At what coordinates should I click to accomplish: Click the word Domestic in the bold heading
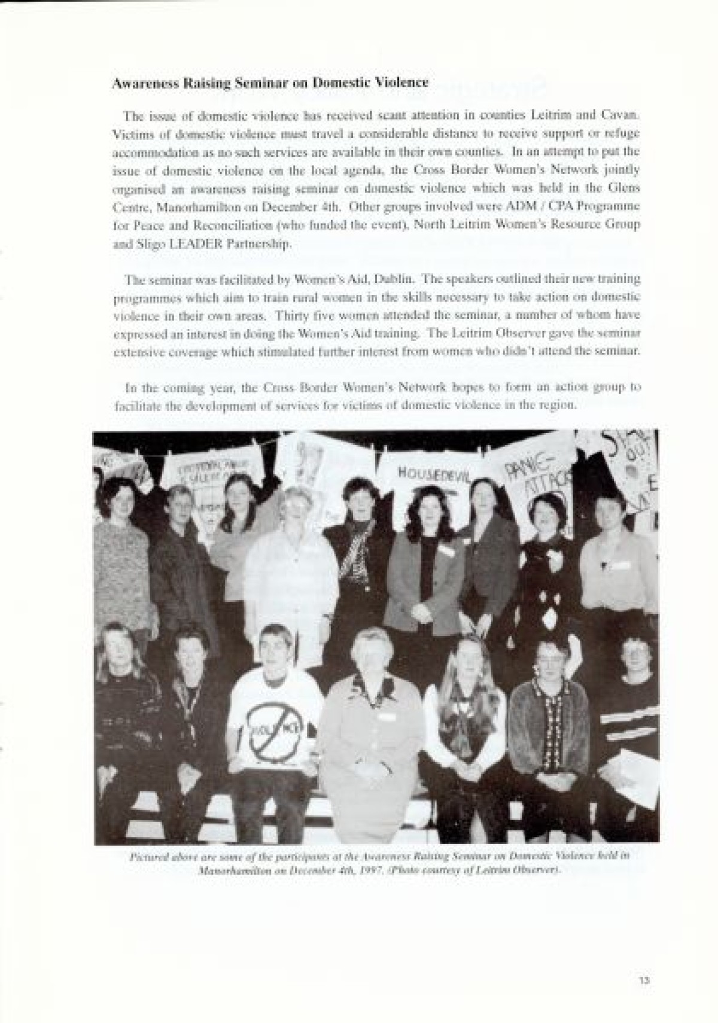(x=334, y=83)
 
